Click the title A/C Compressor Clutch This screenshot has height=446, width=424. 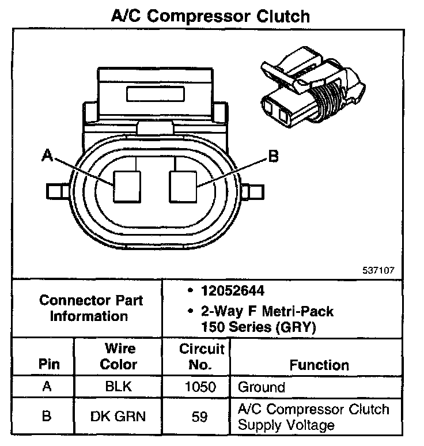(210, 16)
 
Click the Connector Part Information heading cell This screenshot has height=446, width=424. (91, 308)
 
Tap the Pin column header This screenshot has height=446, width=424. (48, 365)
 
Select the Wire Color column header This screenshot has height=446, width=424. (119, 356)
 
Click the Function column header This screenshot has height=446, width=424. (319, 365)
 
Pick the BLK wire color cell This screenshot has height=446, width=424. (119, 387)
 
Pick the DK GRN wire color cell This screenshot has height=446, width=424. (119, 416)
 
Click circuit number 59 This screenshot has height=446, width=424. (199, 416)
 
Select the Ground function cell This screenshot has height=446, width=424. (262, 387)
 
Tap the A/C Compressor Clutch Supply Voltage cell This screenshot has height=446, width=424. (314, 417)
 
